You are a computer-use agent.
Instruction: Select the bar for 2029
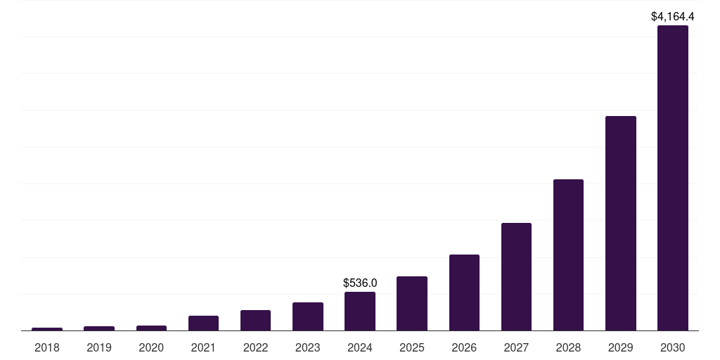[x=620, y=223]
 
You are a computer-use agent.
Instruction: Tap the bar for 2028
[x=568, y=255]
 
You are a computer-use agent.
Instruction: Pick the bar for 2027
[x=516, y=276]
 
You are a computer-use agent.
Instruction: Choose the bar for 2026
[x=464, y=292]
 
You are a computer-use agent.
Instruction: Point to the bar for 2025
[x=412, y=303]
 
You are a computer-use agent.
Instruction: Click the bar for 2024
[x=360, y=311]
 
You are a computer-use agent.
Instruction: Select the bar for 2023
[x=308, y=316]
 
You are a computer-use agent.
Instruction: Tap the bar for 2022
[x=255, y=320]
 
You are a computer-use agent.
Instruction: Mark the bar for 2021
[x=203, y=323]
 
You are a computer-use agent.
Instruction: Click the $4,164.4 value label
[x=672, y=16]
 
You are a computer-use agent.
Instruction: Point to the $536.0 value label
[x=360, y=283]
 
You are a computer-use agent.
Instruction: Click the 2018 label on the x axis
[x=47, y=347]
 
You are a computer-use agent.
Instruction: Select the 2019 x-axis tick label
[x=99, y=347]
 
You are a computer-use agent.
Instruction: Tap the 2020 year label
[x=151, y=347]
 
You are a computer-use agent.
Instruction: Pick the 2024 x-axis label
[x=360, y=347]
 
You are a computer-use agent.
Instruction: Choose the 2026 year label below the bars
[x=464, y=347]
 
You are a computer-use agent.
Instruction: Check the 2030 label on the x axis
[x=672, y=347]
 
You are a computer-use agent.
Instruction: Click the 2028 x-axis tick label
[x=568, y=347]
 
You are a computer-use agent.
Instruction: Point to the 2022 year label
[x=255, y=347]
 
